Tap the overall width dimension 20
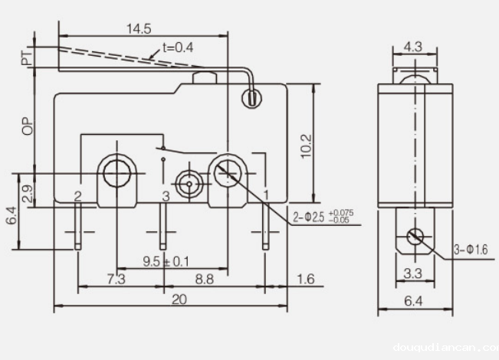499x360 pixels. [x=179, y=300]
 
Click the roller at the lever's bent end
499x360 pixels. [x=249, y=98]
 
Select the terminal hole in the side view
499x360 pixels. [x=414, y=236]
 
